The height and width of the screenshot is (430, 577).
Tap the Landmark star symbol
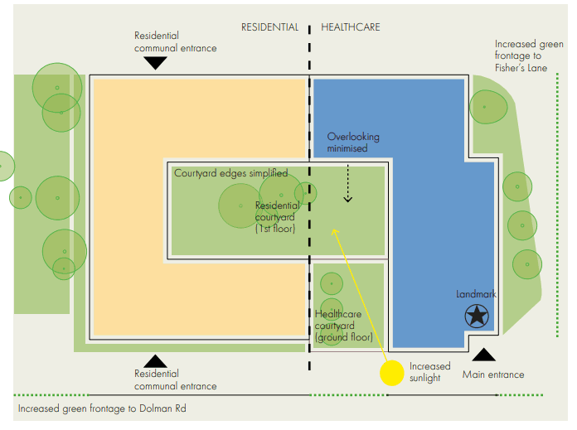click(476, 316)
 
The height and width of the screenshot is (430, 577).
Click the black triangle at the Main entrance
click(483, 355)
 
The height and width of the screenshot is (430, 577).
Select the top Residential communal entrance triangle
click(156, 64)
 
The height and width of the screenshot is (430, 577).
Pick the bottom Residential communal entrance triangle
click(155, 360)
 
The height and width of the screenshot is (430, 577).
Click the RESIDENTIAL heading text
click(269, 27)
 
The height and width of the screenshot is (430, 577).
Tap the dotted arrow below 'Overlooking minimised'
click(348, 182)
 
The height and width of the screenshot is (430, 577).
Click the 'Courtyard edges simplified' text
click(230, 173)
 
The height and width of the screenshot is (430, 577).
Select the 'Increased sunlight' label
click(429, 372)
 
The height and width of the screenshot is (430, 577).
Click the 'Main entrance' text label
click(493, 374)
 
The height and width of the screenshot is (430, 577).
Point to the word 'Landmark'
click(476, 295)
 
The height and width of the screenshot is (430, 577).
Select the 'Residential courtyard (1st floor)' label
click(277, 217)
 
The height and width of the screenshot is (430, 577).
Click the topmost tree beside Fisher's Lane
click(488, 105)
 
